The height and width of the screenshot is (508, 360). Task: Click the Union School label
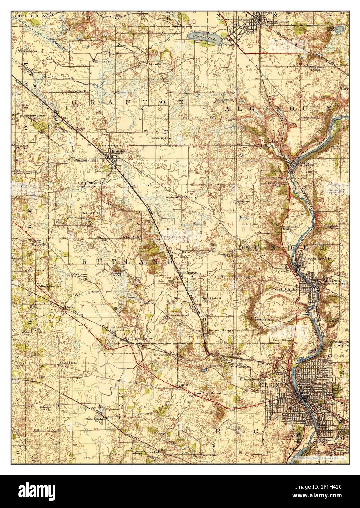[x=285, y=340]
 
